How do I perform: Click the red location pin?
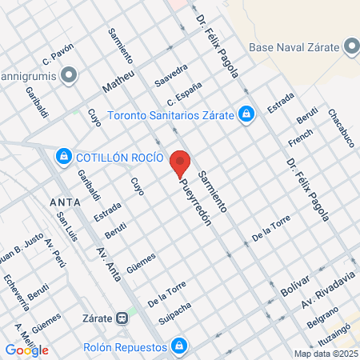tap(181, 163)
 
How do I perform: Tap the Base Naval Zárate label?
tap(295, 48)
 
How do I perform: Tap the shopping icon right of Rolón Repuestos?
tap(181, 346)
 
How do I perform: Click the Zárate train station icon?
tap(122, 317)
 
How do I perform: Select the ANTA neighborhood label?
tap(64, 201)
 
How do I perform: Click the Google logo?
tap(26, 350)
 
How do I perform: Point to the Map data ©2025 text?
tap(326, 354)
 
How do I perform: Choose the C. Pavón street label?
tap(58, 58)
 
